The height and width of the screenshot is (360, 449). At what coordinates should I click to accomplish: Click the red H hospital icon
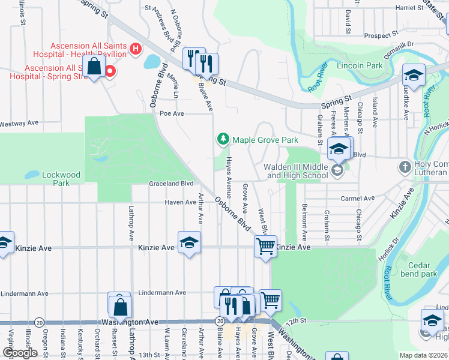(135, 48)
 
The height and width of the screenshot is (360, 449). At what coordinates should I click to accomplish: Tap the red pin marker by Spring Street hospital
(110, 73)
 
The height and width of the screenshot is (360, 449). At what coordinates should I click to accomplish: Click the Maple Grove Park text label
(265, 140)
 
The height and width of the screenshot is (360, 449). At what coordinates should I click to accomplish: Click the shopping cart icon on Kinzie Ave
(265, 245)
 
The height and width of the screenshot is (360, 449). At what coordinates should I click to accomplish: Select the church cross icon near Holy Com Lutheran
(405, 166)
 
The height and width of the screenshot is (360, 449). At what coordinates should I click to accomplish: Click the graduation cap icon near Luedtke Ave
(413, 74)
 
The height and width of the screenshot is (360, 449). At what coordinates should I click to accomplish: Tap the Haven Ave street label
(181, 202)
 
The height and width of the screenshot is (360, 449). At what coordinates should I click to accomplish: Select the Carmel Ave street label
(357, 198)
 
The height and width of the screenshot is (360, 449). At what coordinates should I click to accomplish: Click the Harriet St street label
(410, 8)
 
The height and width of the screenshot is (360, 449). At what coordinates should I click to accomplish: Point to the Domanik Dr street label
(400, 44)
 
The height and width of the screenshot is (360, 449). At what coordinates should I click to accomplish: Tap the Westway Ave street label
(19, 123)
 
